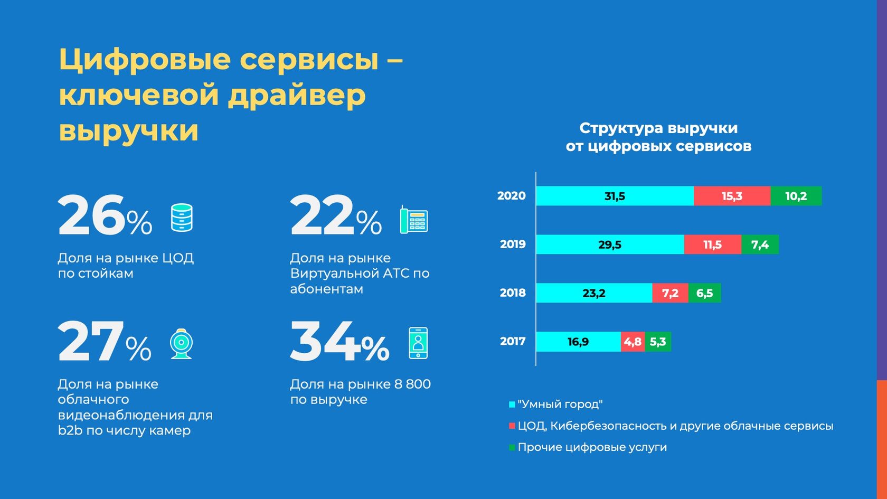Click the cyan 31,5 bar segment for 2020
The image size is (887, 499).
click(x=615, y=196)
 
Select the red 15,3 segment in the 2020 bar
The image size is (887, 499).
click(x=732, y=196)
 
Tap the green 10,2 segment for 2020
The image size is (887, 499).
click(x=796, y=196)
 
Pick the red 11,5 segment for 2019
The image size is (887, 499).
click(x=712, y=244)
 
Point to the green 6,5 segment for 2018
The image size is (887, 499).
click(x=704, y=293)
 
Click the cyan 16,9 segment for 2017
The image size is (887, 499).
click(x=578, y=342)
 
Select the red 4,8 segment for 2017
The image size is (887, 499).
click(x=633, y=342)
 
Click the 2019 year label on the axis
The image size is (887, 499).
click(x=513, y=244)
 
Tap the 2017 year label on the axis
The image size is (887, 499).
click(x=513, y=342)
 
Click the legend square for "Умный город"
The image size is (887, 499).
click(x=512, y=404)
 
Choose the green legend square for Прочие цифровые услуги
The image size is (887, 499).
click(x=512, y=448)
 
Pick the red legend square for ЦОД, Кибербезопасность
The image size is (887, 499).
click(x=512, y=426)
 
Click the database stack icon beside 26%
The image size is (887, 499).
click(x=182, y=218)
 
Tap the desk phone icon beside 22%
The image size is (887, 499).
click(x=414, y=220)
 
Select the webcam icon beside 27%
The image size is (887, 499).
click(x=181, y=344)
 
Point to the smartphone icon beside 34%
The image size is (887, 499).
click(x=418, y=343)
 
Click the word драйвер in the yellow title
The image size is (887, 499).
click(x=297, y=96)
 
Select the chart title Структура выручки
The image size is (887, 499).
click(x=658, y=128)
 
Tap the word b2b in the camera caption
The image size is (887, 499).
click(x=70, y=430)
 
